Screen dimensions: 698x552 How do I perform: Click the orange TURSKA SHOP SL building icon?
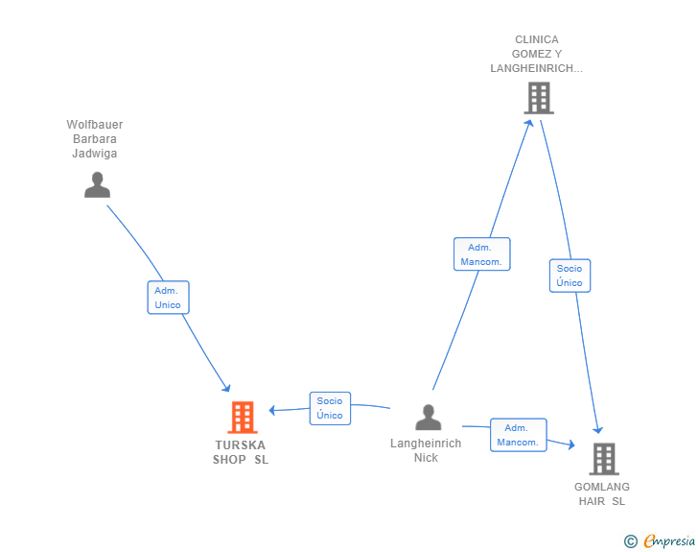[243, 418]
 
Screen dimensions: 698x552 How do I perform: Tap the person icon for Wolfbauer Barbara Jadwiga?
[97, 184]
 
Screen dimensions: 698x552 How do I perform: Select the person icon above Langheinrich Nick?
[429, 417]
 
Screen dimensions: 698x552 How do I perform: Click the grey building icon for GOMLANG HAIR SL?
[604, 459]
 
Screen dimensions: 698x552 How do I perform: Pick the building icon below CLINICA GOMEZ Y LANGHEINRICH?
[539, 98]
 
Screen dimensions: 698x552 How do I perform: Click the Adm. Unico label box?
[169, 298]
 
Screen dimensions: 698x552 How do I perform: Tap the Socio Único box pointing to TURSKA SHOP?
[330, 408]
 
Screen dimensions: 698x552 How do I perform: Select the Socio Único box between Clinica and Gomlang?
[570, 276]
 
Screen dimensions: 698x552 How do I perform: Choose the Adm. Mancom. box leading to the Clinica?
[481, 254]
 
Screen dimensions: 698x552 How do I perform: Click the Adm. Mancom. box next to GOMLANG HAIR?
[518, 435]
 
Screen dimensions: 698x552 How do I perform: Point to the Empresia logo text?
[669, 540]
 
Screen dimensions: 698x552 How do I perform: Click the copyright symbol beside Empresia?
[631, 541]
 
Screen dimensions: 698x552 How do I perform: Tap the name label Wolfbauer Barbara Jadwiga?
[95, 138]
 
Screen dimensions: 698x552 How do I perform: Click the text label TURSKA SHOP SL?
[241, 452]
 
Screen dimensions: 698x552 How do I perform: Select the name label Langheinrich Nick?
[426, 450]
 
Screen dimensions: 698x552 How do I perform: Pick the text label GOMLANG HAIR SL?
[602, 493]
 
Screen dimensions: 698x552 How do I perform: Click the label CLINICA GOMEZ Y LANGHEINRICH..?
[536, 54]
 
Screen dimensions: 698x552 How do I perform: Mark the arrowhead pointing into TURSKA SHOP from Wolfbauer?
[226, 388]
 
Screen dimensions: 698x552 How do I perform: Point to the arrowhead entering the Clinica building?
[529, 123]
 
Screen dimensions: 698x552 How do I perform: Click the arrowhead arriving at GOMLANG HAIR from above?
[598, 430]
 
